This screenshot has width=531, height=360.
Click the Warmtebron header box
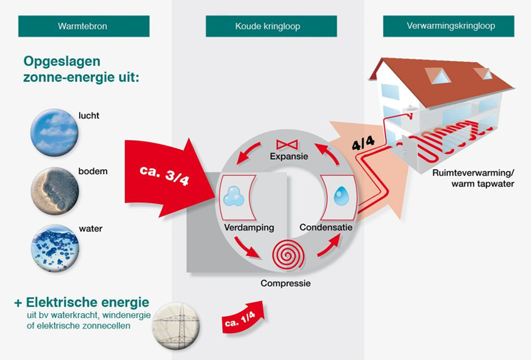point(83,26)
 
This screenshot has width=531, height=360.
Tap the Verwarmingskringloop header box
point(451,26)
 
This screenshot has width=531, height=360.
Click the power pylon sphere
point(176,326)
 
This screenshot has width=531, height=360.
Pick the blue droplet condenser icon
point(341,197)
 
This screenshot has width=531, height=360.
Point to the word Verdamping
point(249,228)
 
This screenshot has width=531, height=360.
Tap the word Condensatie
point(326,228)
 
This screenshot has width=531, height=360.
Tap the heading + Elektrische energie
point(82,302)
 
